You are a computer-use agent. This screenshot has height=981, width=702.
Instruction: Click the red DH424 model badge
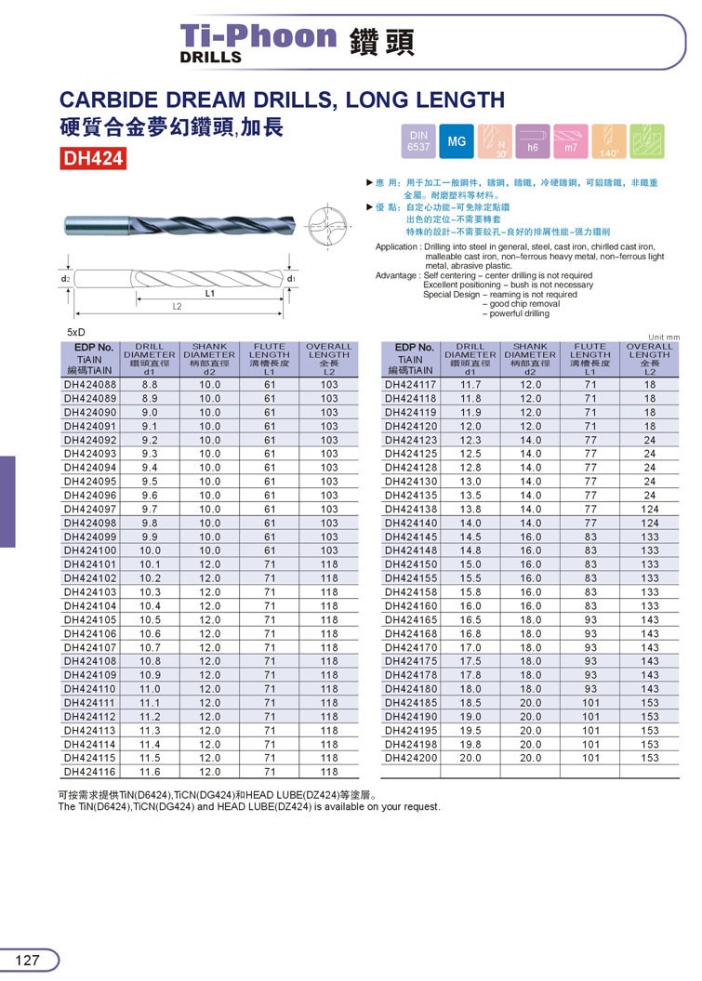point(93,159)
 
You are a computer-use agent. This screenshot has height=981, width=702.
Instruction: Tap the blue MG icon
point(457,141)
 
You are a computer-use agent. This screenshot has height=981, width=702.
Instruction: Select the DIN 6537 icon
point(418,141)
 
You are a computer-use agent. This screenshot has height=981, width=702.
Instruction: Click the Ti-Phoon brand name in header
point(258,36)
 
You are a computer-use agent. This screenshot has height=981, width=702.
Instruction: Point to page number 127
point(28,960)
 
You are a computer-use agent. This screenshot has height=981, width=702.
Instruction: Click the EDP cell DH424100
point(90,550)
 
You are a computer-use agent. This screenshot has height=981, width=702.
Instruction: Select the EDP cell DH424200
point(410,758)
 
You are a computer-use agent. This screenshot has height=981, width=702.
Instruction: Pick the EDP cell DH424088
point(90,385)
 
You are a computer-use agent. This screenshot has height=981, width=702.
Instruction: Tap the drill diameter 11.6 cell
point(150,772)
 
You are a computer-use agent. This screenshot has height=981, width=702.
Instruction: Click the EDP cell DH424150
point(410,564)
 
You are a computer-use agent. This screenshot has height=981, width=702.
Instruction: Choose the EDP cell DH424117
point(410,385)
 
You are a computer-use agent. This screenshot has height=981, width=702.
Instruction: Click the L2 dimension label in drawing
point(176,306)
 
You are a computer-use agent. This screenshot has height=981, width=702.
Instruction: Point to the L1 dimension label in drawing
point(210,292)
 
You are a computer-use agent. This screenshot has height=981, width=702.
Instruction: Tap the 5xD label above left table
point(76,331)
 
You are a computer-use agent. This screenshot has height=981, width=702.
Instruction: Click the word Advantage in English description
point(397,275)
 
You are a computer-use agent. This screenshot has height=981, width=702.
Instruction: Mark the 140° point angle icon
point(608,141)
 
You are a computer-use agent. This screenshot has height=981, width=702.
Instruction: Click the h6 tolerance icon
point(533,141)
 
